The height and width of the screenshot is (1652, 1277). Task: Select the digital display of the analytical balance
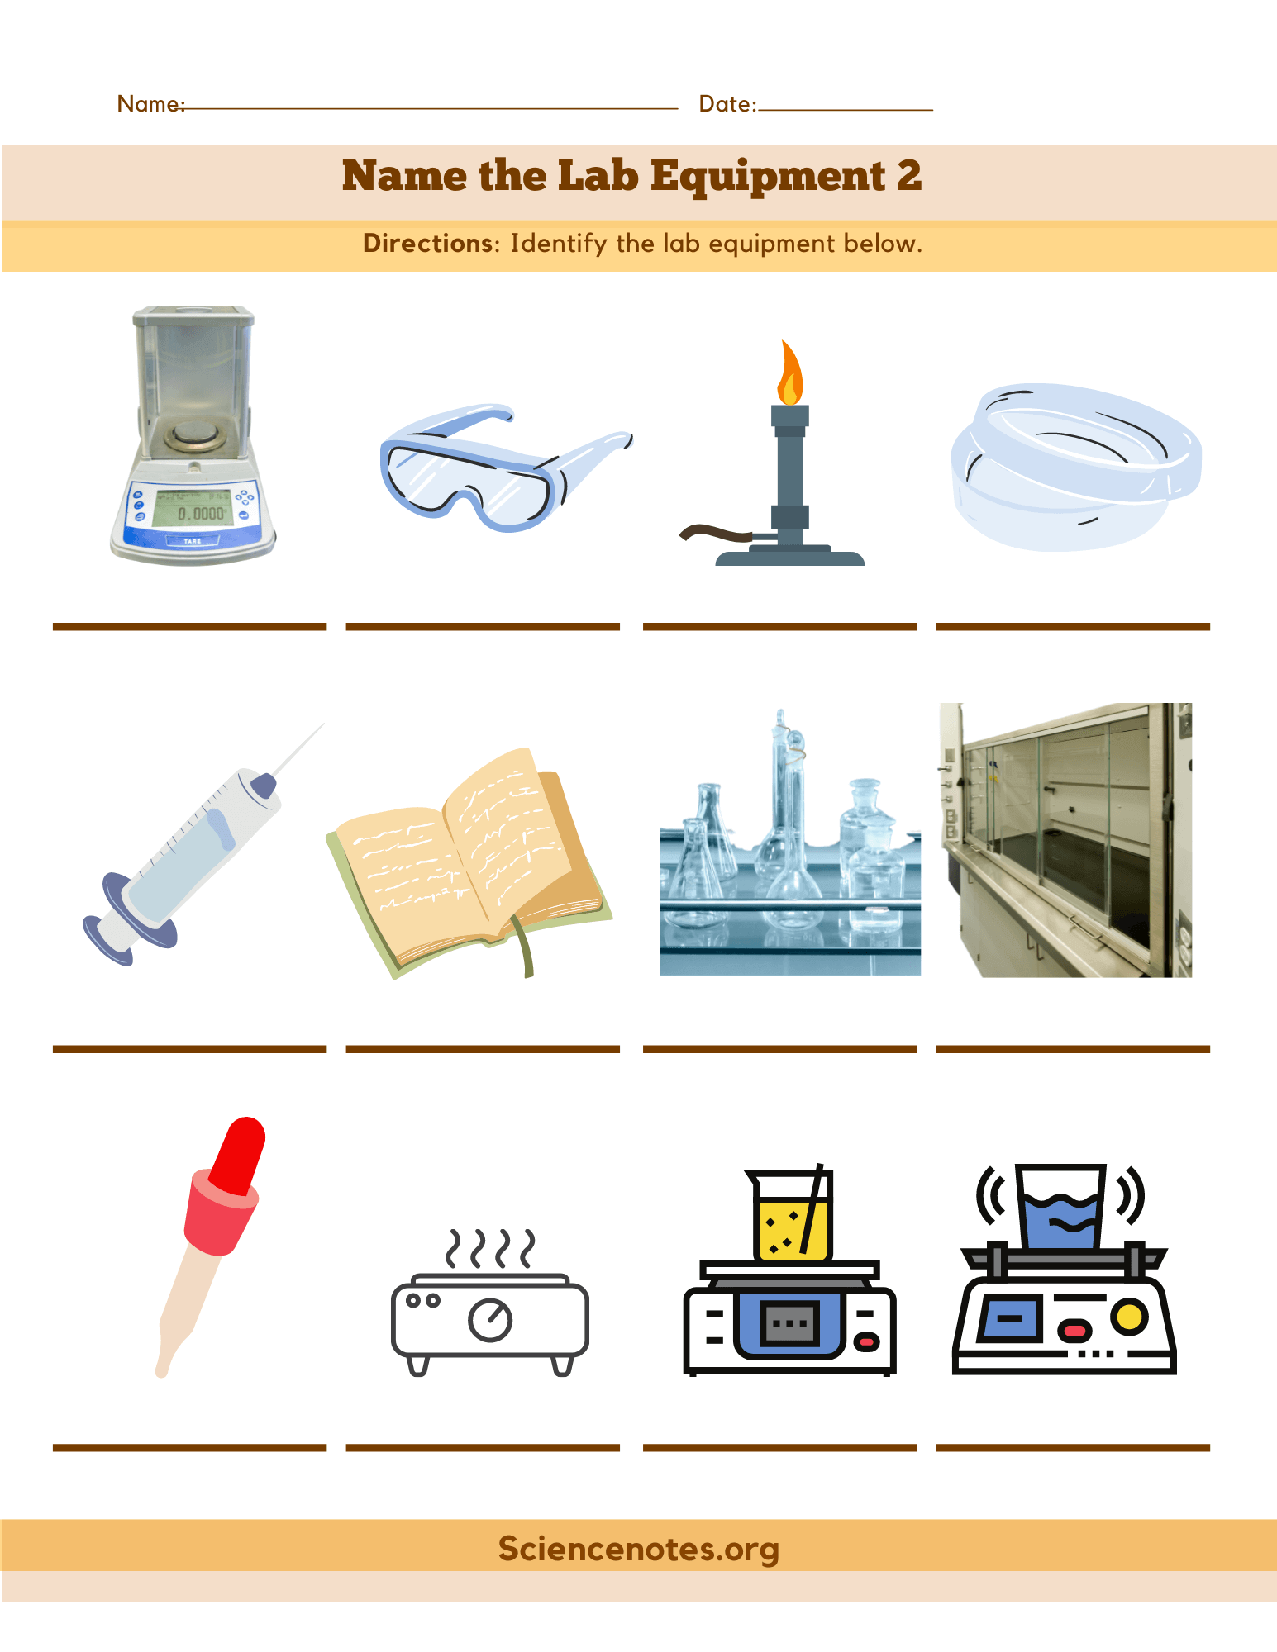point(191,508)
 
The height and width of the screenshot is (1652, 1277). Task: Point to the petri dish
point(1076,467)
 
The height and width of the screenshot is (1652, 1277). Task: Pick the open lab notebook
point(469,863)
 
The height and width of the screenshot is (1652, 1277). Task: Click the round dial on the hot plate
point(490,1320)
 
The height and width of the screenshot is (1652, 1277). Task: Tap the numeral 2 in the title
point(908,176)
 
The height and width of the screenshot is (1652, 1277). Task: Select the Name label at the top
point(150,103)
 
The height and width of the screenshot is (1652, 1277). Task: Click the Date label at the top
point(727,103)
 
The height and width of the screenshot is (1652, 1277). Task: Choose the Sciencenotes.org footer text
point(639,1549)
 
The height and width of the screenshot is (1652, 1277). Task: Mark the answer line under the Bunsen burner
point(779,627)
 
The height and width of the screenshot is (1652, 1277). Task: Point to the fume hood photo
point(1065,840)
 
